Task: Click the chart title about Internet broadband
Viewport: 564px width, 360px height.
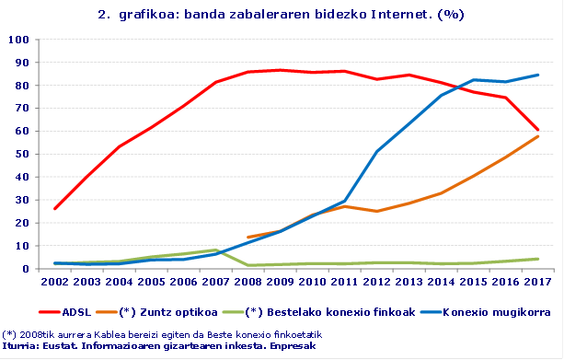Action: click(x=281, y=15)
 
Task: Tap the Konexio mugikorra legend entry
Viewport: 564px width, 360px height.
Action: click(x=458, y=311)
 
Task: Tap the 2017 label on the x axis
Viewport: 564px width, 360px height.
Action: click(x=537, y=282)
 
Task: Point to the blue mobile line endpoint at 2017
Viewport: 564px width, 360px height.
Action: click(x=537, y=75)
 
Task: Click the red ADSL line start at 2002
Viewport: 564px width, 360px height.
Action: click(x=55, y=208)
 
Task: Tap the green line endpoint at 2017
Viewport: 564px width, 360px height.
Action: click(x=537, y=259)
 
